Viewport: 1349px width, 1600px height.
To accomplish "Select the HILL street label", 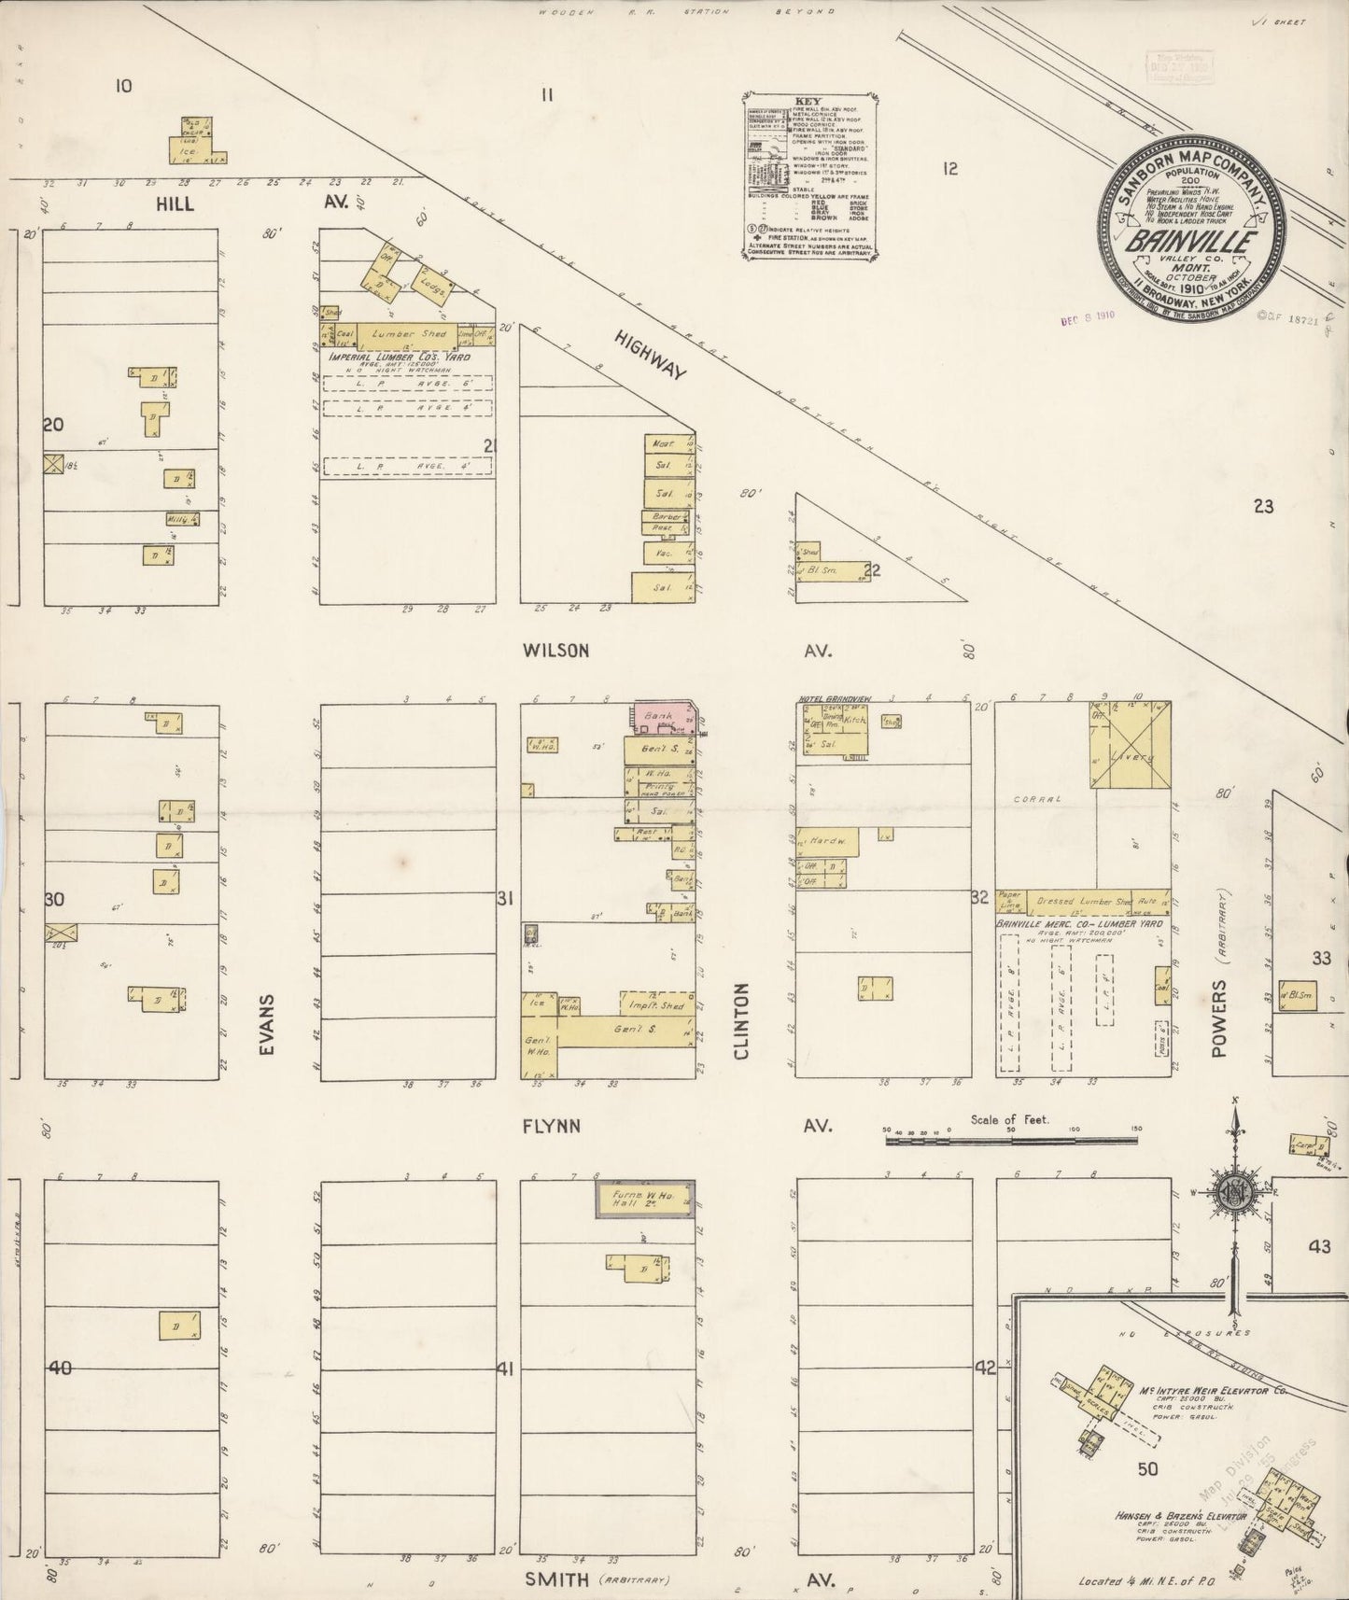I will (175, 203).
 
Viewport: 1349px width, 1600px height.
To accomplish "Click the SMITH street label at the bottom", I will (556, 1579).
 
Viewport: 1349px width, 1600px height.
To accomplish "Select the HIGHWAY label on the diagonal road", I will (651, 356).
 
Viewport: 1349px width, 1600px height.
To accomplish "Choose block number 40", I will (61, 1368).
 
